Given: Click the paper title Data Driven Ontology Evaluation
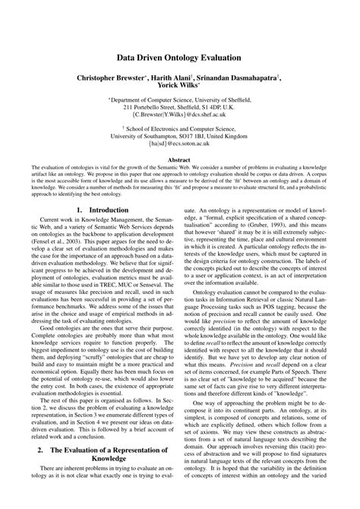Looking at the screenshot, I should click(x=179, y=58).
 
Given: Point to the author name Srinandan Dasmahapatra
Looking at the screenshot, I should click(x=242, y=77).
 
